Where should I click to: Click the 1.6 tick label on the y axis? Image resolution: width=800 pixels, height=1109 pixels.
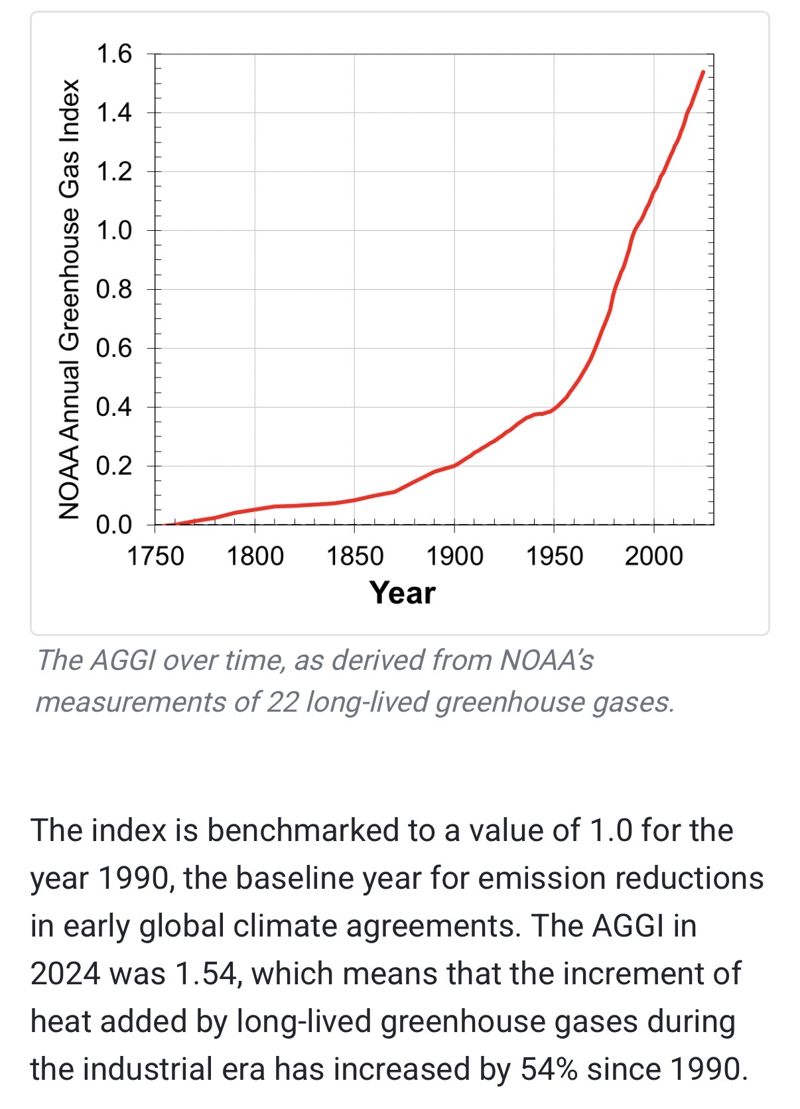point(114,54)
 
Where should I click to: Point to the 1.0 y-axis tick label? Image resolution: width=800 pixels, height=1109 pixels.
point(114,231)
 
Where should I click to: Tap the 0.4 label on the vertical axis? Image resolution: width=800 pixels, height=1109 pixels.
point(114,407)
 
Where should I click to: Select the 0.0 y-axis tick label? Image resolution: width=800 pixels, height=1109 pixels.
point(114,525)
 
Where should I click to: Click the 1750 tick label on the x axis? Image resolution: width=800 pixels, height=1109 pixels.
point(155,556)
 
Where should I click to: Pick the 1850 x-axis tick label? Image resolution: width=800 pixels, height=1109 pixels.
point(355,556)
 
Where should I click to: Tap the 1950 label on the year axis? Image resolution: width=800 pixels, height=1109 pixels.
point(555,556)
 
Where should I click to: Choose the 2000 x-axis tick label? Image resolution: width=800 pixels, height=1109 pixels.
point(654,556)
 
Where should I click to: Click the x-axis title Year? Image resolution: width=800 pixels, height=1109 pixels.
point(403,593)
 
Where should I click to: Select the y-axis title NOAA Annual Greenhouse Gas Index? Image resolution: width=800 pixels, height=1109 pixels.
point(69,299)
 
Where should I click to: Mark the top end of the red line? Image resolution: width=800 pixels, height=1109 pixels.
point(703,72)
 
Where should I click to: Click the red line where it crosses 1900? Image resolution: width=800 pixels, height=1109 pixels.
point(454,466)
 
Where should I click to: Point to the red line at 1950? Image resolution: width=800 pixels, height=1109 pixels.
point(554,409)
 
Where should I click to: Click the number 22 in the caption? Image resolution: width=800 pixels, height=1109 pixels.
point(283,702)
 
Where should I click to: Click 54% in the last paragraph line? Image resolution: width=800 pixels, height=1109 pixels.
point(549,1069)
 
